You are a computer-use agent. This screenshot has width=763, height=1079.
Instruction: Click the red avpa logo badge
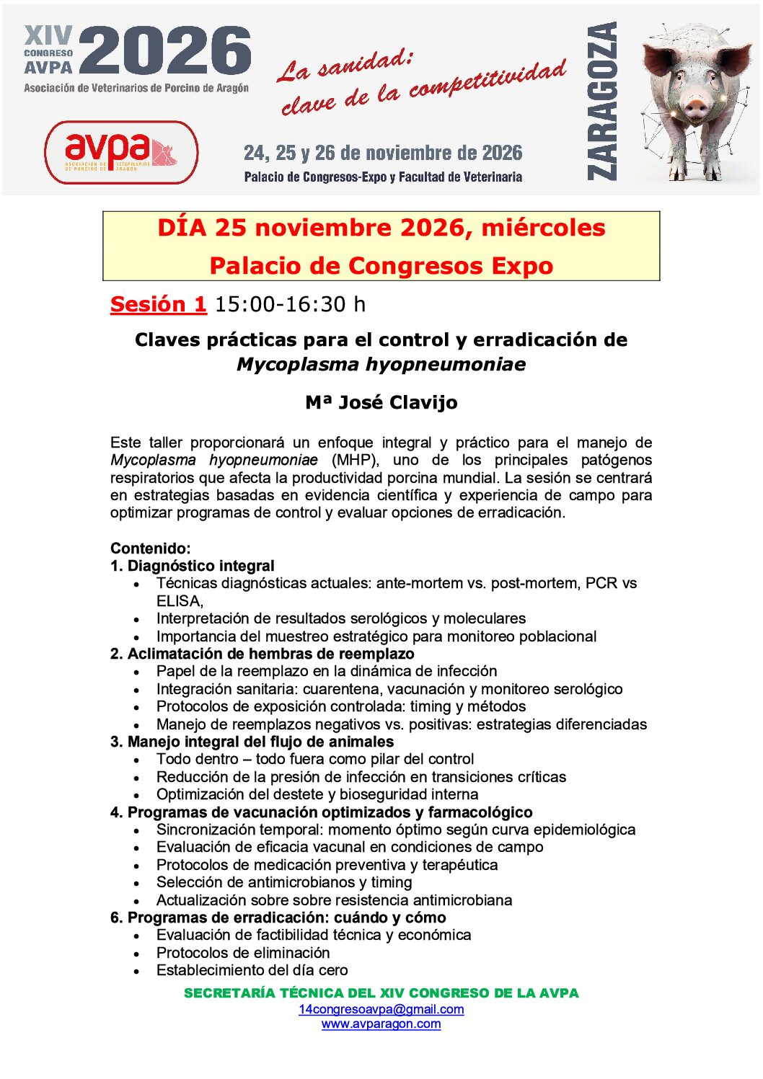point(121,152)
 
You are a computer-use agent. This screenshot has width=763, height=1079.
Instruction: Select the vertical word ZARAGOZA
point(603,100)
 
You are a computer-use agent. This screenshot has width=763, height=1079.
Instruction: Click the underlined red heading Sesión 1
point(158,304)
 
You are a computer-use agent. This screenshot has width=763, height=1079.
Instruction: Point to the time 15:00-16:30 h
point(290,304)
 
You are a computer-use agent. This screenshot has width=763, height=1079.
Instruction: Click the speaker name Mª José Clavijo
point(381,402)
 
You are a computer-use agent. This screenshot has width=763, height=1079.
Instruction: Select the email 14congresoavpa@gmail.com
point(381,1009)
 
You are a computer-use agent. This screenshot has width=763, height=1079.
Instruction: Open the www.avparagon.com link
point(381,1024)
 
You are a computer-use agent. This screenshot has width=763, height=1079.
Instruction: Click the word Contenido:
point(150,549)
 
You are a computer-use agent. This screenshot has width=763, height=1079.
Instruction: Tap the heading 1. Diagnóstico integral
point(192,566)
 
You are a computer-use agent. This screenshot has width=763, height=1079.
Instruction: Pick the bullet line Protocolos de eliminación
point(243,952)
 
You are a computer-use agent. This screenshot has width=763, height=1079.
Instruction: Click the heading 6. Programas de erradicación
point(278,918)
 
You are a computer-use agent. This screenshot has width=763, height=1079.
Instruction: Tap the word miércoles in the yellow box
point(543,228)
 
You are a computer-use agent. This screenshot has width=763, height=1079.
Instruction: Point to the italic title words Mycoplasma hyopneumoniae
point(381,364)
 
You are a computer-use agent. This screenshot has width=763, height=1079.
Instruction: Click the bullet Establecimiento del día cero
point(252,970)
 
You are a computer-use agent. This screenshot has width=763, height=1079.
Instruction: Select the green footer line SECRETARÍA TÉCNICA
point(381,993)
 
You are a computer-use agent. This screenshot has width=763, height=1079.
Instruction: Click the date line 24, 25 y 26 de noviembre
point(383,153)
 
